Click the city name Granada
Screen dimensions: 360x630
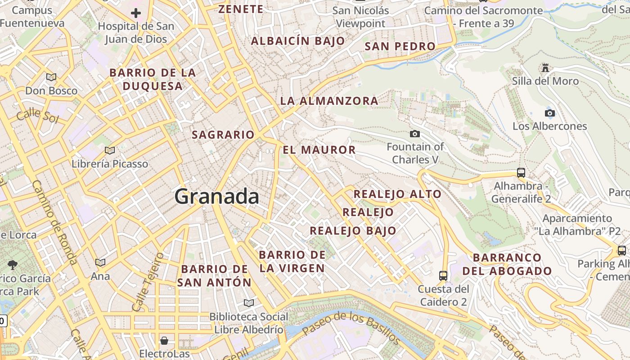tap(216, 197)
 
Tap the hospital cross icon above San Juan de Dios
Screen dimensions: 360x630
tap(135, 13)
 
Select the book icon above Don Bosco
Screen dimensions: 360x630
tap(51, 77)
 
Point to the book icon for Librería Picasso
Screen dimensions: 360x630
tap(109, 150)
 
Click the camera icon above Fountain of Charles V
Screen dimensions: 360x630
tap(415, 134)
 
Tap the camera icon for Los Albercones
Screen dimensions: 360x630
tap(549, 113)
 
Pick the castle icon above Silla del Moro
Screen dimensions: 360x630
tap(545, 68)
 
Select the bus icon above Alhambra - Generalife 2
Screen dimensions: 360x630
tap(521, 173)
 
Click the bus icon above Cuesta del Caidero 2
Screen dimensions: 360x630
tap(443, 275)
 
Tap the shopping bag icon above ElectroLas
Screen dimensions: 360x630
tap(164, 340)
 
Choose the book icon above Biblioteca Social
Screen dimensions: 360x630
tap(249, 303)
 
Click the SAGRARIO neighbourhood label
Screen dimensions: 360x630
tap(223, 135)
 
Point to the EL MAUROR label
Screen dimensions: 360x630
tap(319, 150)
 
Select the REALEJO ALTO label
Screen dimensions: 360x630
tap(397, 194)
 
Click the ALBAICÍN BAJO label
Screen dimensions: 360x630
tap(298, 41)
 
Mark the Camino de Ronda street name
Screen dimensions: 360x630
tap(55, 222)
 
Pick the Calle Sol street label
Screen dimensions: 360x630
tap(38, 117)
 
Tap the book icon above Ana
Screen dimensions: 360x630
tap(100, 262)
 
